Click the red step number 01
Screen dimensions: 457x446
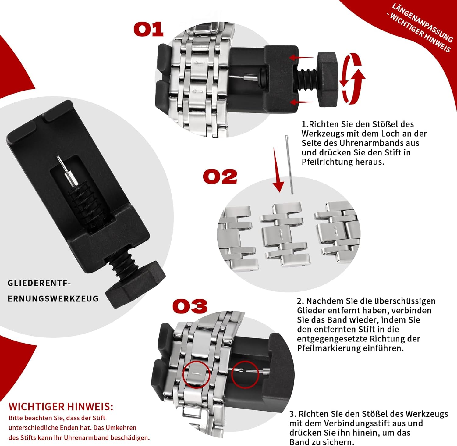(x=149, y=29)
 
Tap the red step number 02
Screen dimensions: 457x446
(x=220, y=177)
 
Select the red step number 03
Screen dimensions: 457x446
(x=190, y=306)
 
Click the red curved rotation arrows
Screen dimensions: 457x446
(x=352, y=78)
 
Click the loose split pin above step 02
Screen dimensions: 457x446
(x=289, y=165)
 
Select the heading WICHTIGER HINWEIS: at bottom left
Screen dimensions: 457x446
(x=61, y=406)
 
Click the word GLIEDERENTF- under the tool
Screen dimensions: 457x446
(x=39, y=283)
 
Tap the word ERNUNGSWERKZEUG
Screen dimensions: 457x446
(x=53, y=298)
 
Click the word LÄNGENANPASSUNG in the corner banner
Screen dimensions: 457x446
(x=422, y=23)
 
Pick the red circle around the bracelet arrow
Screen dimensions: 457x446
(x=197, y=375)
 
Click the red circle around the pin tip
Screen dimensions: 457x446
(x=245, y=375)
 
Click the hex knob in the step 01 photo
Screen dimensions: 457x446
(x=328, y=79)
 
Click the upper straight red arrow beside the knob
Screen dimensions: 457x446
(x=301, y=57)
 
